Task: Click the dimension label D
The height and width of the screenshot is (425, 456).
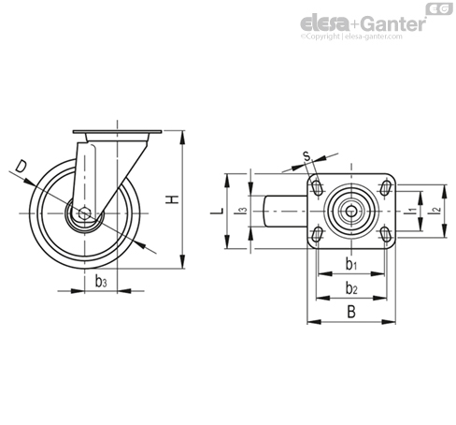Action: tap(21, 167)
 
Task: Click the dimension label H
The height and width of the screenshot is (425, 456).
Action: tap(172, 199)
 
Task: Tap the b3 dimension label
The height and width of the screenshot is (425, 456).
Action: tap(101, 281)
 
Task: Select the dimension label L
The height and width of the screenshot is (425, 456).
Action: tap(217, 212)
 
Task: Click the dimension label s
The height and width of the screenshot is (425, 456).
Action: tap(307, 155)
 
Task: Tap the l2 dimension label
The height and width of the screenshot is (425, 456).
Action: tap(435, 211)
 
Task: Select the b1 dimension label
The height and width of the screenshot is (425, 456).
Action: tap(351, 265)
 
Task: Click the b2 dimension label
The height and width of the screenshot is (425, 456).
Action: tap(351, 288)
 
